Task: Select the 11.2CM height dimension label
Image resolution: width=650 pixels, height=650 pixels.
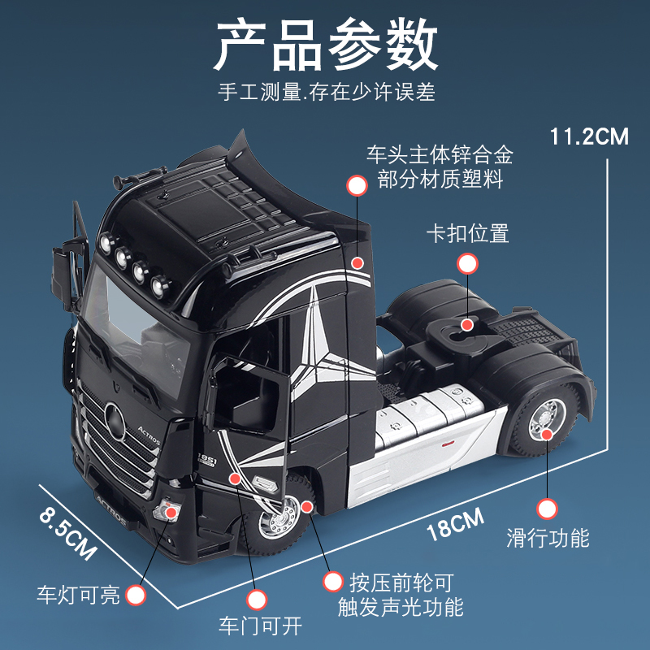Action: tap(589, 136)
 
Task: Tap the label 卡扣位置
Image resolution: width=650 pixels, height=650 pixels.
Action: tap(467, 234)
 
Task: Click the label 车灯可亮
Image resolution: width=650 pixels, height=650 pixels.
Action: tap(78, 596)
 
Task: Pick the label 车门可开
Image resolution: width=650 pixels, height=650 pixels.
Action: tap(259, 626)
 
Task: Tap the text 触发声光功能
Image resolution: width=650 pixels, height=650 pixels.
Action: tap(401, 606)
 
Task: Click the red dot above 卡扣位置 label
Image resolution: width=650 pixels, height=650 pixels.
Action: tap(467, 263)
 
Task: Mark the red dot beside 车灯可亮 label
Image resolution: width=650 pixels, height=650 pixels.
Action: tap(136, 596)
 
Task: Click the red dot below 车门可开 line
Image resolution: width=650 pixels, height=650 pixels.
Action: tap(257, 600)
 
